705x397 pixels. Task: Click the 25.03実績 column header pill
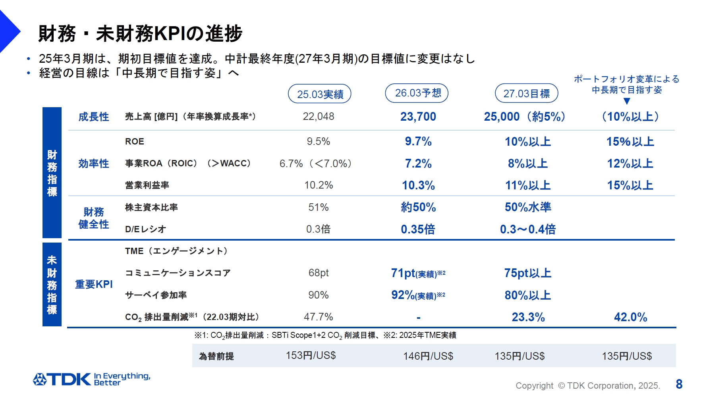(319, 94)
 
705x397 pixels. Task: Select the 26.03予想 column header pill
(417, 93)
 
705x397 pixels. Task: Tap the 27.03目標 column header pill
(526, 94)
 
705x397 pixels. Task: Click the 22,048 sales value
(319, 116)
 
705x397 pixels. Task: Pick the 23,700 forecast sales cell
(418, 116)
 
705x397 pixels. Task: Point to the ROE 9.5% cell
(318, 141)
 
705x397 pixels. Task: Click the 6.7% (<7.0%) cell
(316, 164)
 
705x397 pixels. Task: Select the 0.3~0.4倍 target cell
(527, 229)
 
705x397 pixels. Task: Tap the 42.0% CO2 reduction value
(630, 317)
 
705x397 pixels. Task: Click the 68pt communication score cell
(319, 273)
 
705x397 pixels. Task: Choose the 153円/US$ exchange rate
(311, 355)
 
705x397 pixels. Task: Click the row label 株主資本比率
(151, 207)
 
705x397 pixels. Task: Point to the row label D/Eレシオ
(145, 229)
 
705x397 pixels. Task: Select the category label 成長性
(93, 117)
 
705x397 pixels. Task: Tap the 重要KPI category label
(94, 284)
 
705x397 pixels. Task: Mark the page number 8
(679, 384)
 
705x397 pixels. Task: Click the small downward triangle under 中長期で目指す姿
(627, 101)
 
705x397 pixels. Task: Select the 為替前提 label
(216, 356)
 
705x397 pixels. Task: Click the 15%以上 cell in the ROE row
(630, 141)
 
